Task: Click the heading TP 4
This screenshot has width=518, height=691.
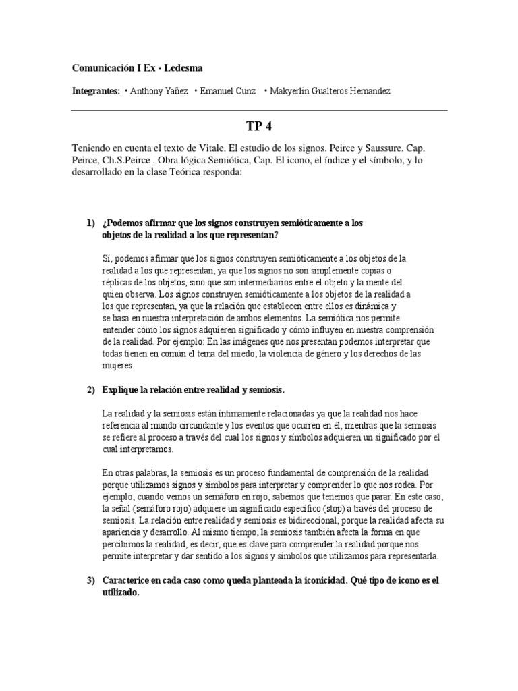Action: point(259,127)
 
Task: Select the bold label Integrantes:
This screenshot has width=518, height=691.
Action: point(96,91)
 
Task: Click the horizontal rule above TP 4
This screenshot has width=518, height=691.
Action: point(259,110)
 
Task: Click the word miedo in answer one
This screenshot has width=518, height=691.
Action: point(239,354)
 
